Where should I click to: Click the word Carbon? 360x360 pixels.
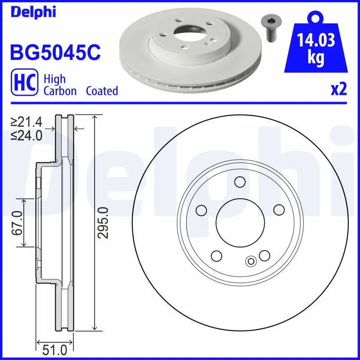61,91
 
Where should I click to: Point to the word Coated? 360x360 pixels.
102,91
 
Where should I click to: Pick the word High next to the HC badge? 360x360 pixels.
54,79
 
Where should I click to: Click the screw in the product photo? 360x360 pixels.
269,28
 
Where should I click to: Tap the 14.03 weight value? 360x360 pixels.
316,42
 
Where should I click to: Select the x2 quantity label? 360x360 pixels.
338,89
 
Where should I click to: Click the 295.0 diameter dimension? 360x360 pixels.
103,223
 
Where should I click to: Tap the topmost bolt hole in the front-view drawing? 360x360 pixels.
240,182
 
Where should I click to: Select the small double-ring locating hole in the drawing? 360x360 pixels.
251,260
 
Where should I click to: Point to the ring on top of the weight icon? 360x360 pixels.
316,18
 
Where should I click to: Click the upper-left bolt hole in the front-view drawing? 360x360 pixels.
201,210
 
